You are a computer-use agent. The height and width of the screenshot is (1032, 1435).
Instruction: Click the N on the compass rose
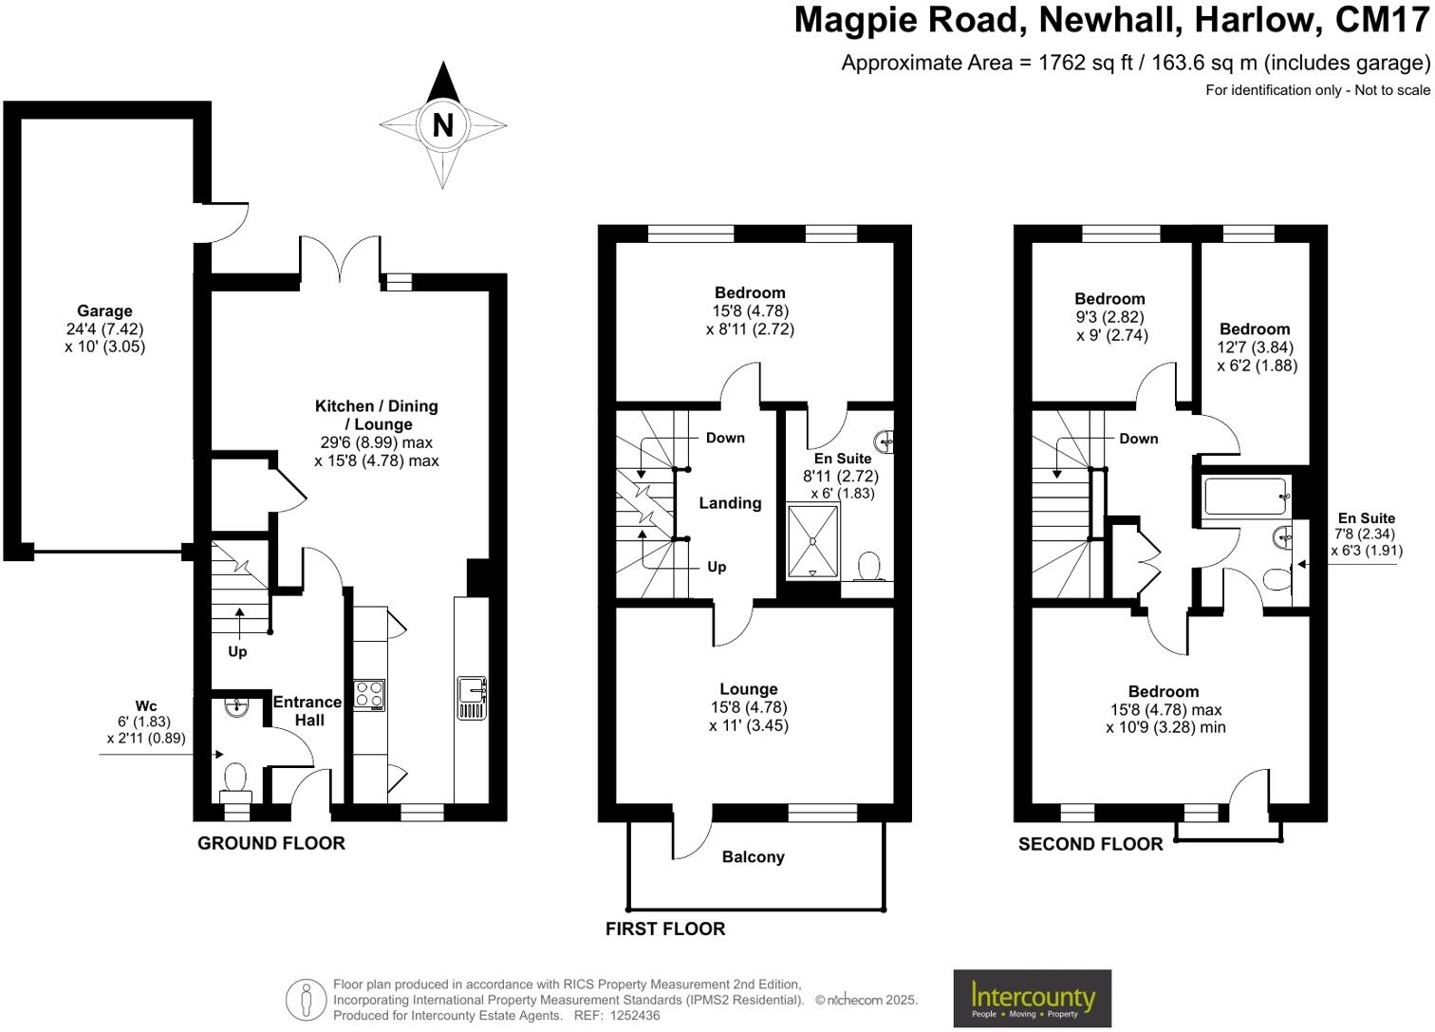(x=442, y=125)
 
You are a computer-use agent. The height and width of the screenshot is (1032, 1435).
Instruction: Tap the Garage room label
(x=104, y=310)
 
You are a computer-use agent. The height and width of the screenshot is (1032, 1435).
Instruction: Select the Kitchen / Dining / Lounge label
(x=377, y=415)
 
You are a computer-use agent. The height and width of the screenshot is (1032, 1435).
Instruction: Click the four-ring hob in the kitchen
(x=369, y=695)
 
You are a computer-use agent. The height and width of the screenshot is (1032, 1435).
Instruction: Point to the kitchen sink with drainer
(x=472, y=698)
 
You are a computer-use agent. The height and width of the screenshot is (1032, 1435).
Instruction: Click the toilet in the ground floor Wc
(x=235, y=782)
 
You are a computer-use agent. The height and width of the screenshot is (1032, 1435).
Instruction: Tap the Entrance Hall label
(x=307, y=711)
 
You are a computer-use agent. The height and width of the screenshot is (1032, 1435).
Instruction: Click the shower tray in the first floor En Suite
(x=813, y=542)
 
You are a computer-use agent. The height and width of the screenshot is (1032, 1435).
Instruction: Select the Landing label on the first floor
(x=730, y=503)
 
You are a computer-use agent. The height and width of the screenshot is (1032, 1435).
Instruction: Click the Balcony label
(x=753, y=857)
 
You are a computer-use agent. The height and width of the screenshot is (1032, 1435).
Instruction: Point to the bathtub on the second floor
(x=1245, y=497)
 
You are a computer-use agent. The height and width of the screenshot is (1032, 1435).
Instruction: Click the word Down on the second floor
(x=1138, y=439)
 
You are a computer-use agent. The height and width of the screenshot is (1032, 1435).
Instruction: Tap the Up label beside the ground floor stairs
(x=237, y=651)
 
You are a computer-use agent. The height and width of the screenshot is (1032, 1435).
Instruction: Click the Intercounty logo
(x=1032, y=998)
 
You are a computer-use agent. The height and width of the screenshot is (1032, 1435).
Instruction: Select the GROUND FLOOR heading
(x=271, y=843)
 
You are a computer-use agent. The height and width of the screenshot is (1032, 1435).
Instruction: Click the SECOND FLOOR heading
(x=1090, y=844)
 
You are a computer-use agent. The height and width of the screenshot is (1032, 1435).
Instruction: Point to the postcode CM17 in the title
(x=1382, y=20)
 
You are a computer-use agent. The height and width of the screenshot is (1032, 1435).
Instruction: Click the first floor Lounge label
(x=748, y=689)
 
